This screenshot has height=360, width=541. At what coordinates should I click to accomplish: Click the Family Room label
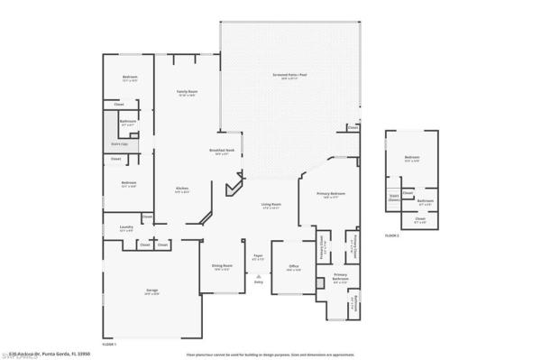187,93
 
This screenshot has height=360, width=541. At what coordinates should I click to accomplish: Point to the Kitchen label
181,189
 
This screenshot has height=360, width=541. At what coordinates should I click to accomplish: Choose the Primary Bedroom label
331,195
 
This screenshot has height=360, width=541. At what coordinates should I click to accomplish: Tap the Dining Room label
222,266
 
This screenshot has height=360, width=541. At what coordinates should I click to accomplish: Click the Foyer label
258,257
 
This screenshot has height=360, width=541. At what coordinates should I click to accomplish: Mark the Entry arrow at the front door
259,282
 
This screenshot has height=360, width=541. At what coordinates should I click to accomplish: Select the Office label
294,267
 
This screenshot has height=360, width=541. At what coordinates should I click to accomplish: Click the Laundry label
125,229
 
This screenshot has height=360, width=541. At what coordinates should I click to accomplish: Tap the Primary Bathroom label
341,277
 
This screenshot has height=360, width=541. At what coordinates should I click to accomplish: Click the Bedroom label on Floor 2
411,159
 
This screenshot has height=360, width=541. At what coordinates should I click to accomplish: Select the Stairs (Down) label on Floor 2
394,198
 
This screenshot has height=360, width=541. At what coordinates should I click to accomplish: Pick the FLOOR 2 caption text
391,235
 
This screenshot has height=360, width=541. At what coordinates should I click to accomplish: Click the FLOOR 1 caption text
109,345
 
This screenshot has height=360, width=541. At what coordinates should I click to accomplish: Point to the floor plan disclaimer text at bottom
270,355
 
